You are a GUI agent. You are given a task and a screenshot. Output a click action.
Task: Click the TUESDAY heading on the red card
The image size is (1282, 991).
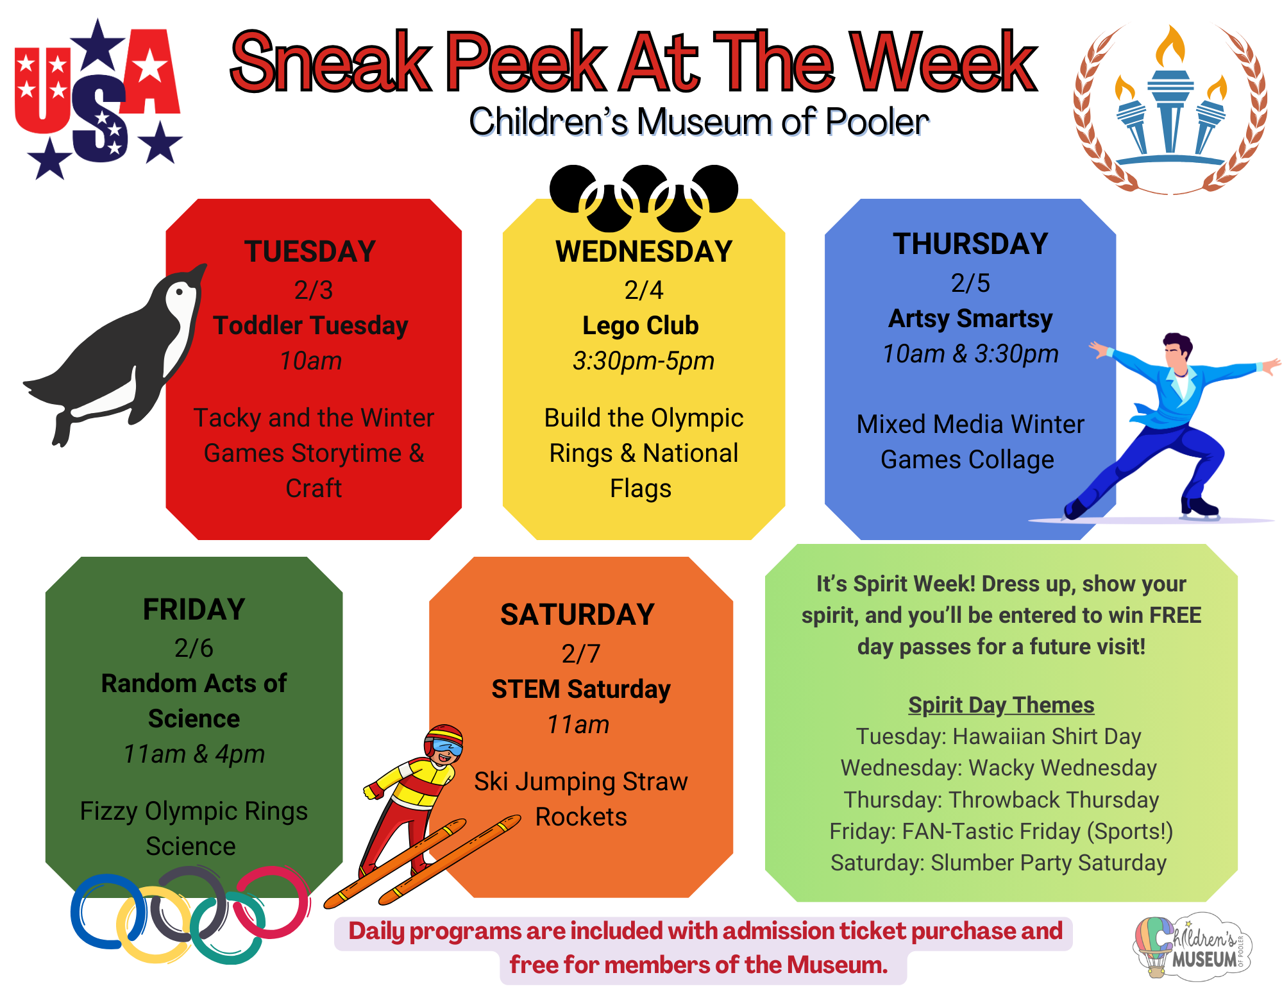310,251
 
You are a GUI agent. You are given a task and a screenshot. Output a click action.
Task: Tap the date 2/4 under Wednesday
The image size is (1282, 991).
643,290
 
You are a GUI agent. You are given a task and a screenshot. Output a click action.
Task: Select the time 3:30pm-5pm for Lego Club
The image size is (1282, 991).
643,360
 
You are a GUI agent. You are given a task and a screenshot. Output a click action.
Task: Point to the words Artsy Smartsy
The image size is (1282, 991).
970,319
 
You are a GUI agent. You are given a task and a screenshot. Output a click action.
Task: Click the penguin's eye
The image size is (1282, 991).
180,292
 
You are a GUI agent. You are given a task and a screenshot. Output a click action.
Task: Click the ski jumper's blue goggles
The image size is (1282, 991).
446,746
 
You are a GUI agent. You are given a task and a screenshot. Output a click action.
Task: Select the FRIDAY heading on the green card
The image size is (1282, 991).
194,609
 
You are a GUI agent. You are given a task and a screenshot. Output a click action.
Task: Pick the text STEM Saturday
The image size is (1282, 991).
581,689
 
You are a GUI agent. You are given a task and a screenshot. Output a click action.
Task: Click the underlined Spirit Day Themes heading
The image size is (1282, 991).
1001,705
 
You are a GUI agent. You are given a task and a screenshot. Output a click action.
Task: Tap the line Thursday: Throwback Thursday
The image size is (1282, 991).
1001,800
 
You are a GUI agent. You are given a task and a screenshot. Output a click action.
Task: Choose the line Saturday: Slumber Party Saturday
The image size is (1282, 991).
999,863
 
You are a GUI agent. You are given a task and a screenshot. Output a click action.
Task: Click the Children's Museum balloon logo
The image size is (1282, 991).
1192,947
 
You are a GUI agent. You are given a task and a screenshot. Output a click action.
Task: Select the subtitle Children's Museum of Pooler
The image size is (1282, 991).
698,121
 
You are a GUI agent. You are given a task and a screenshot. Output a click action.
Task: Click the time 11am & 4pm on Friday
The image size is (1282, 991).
194,754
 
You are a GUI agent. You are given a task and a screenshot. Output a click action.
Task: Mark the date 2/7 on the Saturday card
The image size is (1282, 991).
580,654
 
